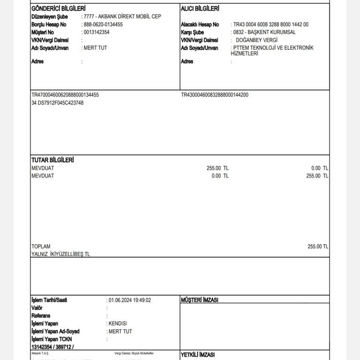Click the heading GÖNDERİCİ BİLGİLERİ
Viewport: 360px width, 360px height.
click(x=58, y=8)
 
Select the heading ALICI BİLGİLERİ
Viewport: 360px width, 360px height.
click(x=200, y=8)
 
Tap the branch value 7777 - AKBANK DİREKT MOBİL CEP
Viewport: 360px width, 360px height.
click(x=122, y=16)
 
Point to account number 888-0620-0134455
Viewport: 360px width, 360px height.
click(x=103, y=24)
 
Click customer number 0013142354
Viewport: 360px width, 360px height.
click(x=97, y=32)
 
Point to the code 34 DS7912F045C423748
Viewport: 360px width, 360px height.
click(x=57, y=103)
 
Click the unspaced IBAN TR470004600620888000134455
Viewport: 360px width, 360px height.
click(x=65, y=95)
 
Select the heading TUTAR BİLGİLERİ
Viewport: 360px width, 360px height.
click(x=52, y=160)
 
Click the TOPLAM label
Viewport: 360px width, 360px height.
click(x=41, y=247)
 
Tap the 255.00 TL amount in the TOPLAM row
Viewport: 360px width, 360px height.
click(x=318, y=247)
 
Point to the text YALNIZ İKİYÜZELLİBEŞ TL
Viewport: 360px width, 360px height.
click(x=60, y=254)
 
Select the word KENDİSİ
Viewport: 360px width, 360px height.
click(x=118, y=323)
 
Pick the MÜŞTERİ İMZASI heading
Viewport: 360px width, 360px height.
click(x=199, y=300)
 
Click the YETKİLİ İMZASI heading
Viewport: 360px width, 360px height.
click(x=197, y=356)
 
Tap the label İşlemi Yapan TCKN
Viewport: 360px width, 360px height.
click(x=52, y=339)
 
